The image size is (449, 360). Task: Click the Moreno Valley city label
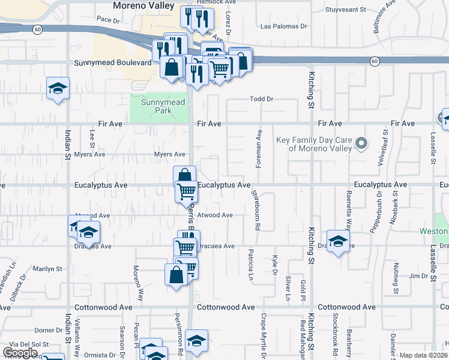click(143, 6)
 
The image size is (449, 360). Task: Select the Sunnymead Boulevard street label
click(112, 62)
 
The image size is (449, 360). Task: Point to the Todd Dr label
click(261, 99)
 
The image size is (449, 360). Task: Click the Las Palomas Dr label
click(283, 26)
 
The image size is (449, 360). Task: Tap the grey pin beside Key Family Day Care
click(361, 143)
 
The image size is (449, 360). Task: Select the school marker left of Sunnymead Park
click(58, 89)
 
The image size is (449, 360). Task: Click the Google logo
click(20, 353)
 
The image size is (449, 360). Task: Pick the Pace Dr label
click(109, 20)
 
